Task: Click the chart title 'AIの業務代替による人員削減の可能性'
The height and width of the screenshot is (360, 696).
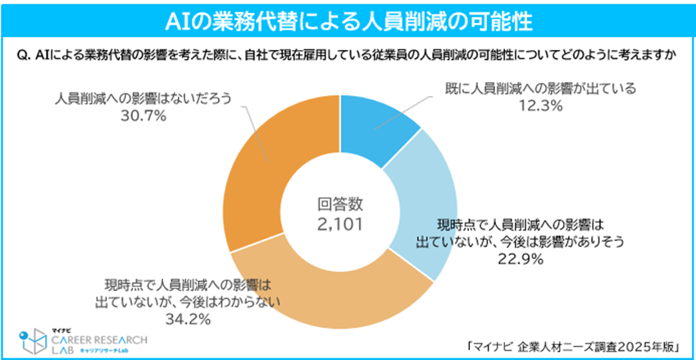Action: click(x=348, y=19)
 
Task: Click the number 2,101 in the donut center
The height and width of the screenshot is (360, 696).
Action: click(x=339, y=222)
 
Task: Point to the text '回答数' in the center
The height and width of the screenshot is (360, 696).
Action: click(x=339, y=203)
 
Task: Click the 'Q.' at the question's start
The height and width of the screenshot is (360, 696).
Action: click(x=24, y=56)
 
